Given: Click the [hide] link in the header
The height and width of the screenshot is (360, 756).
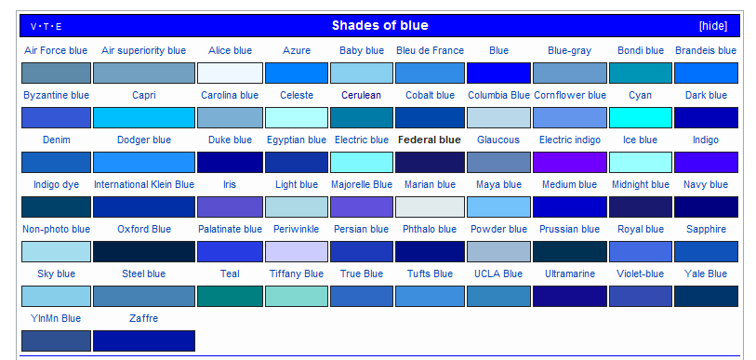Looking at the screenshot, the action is pos(713,26).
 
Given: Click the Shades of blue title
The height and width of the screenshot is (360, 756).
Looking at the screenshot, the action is pos(380,25).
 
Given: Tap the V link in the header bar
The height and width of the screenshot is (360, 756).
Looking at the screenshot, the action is pos(33,27).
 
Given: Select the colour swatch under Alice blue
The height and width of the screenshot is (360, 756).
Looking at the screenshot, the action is pos(230,73).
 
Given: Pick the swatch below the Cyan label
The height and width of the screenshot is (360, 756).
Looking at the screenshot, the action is pos(641,118).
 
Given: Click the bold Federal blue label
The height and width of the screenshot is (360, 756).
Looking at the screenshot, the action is pos(429,140).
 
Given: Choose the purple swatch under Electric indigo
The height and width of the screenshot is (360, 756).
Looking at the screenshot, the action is pos(570,162).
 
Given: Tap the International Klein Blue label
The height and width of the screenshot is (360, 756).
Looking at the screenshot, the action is pos(144,184).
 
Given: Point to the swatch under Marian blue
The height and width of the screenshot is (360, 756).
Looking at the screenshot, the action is pos(430,207).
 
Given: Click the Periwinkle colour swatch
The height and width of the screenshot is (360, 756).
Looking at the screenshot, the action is pos(297,251).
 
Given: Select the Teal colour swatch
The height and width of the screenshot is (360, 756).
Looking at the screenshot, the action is pos(230,297).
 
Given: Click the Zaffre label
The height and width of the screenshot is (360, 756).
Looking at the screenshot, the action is pos(144,318).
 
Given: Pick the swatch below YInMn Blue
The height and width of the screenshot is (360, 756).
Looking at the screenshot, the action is pos(56,340).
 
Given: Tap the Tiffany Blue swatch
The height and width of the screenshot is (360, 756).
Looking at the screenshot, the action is pos(297,297).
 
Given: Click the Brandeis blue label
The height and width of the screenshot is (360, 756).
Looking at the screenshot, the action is pos(706,50).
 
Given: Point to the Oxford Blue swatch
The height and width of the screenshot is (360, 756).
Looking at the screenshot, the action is pos(144,251).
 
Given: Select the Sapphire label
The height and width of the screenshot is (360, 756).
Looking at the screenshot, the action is pos(706,229).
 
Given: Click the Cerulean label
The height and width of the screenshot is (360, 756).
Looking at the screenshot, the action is pos(362,95).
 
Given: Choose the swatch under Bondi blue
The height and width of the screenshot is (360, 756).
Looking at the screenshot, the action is pos(641,73).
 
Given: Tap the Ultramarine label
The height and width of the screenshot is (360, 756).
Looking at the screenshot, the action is pos(570,273).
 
